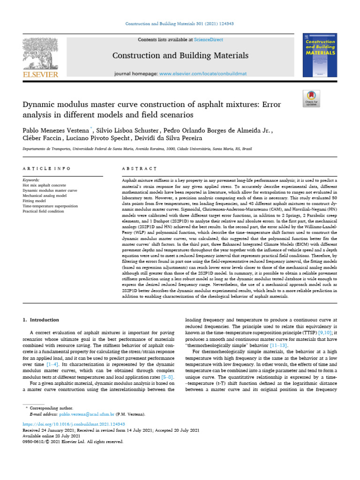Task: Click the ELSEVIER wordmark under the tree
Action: coord(41,74)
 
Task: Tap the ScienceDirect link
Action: coord(210,40)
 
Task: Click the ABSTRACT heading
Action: coord(139,168)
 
